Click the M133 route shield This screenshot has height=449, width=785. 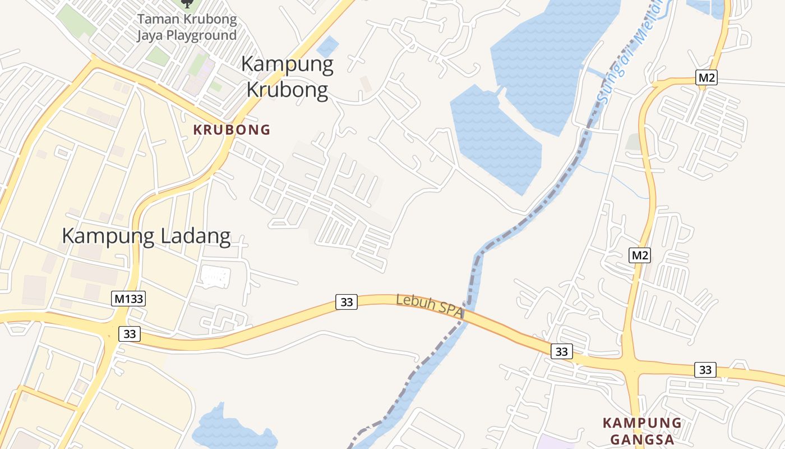129,299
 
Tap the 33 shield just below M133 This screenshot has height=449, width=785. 130,334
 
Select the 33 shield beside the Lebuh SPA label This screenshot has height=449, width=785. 347,302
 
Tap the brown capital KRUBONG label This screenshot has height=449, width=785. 232,130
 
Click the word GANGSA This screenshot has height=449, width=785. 642,439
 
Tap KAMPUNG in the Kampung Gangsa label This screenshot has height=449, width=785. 642,423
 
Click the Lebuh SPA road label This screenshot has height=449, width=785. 430,306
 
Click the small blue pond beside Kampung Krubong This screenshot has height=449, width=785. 328,46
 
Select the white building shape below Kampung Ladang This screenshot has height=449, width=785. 215,278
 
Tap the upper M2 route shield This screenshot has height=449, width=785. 706,77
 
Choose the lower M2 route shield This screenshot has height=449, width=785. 640,255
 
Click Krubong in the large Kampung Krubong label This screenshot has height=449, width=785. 287,90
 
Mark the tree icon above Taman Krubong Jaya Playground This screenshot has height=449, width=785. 187,4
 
